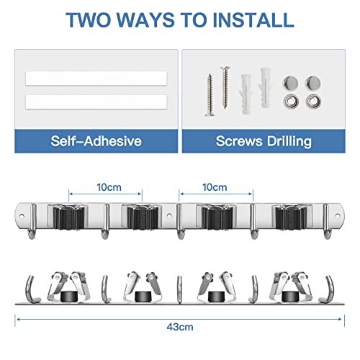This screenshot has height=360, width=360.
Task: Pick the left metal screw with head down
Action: click(x=210, y=91)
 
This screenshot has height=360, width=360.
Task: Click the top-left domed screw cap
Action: click(x=292, y=81)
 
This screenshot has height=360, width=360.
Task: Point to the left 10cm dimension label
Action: click(x=108, y=186)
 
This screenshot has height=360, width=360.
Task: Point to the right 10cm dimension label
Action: click(x=216, y=186)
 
